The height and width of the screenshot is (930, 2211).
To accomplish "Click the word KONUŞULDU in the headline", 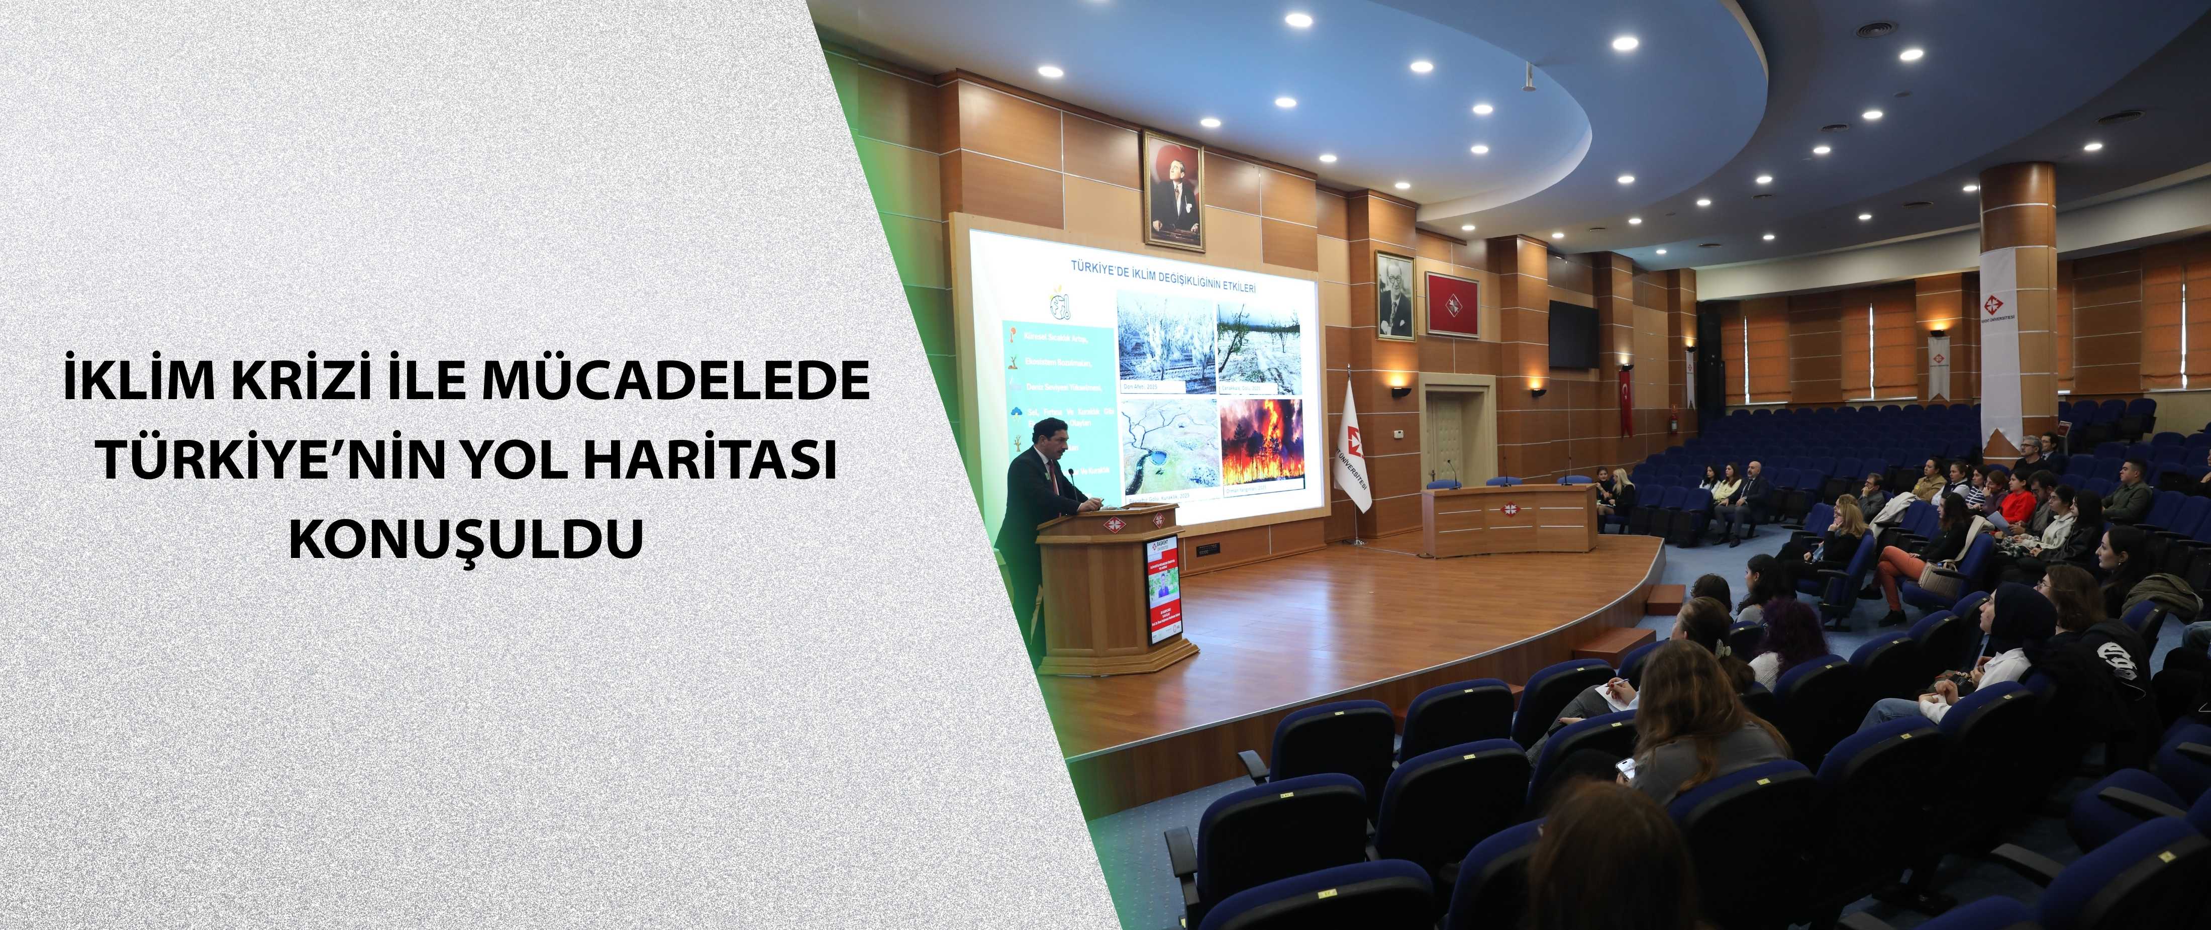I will pos(465,540).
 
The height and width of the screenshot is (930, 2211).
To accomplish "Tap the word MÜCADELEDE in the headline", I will pos(675,383).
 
